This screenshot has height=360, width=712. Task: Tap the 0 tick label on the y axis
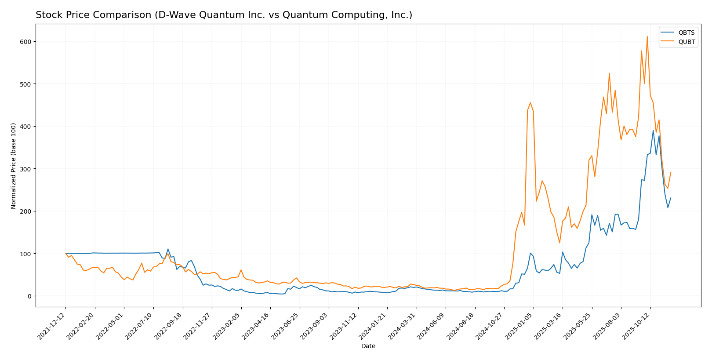[29, 296]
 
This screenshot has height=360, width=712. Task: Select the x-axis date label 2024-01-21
[374, 325]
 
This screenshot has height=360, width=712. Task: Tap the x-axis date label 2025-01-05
[520, 325]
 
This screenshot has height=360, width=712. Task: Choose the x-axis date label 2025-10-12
[637, 325]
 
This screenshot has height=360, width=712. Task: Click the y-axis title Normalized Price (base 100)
[14, 166]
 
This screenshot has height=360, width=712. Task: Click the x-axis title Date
[368, 346]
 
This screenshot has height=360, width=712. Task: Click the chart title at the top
[224, 15]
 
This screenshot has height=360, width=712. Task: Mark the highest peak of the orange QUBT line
[647, 36]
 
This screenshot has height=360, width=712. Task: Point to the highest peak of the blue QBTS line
[653, 131]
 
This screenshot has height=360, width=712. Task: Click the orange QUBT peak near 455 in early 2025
[530, 102]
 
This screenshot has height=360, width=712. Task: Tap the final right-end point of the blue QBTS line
[671, 198]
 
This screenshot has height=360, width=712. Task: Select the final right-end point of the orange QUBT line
[671, 173]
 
